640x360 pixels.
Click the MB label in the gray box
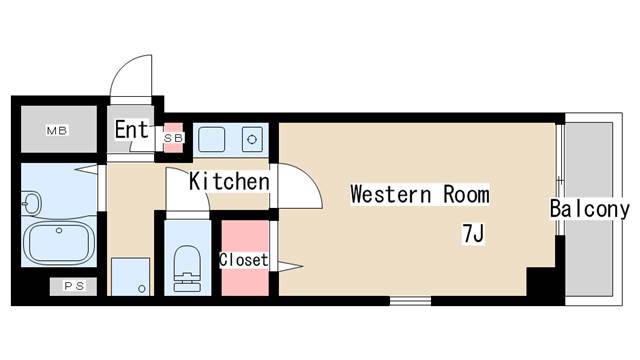(57, 131)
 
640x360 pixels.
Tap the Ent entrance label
(131, 130)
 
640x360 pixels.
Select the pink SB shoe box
(174, 137)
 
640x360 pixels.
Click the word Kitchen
(229, 182)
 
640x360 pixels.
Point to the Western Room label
(419, 194)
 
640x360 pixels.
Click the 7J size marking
(472, 235)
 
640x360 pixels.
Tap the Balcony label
(589, 210)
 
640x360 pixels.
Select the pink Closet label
(244, 260)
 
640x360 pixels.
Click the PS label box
(74, 286)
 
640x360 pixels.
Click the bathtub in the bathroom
(59, 242)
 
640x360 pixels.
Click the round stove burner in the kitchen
(252, 138)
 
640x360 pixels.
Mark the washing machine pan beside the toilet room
(130, 276)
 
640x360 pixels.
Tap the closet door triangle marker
(288, 266)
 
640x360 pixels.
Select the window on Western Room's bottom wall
(410, 300)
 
